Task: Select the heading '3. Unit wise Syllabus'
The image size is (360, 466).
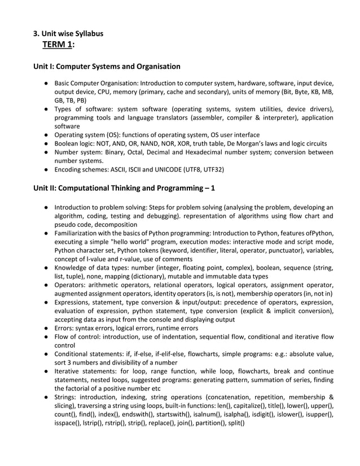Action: coord(68,33)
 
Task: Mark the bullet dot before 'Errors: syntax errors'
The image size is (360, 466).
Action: coord(45,328)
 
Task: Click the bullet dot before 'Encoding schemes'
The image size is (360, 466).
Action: coord(45,168)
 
